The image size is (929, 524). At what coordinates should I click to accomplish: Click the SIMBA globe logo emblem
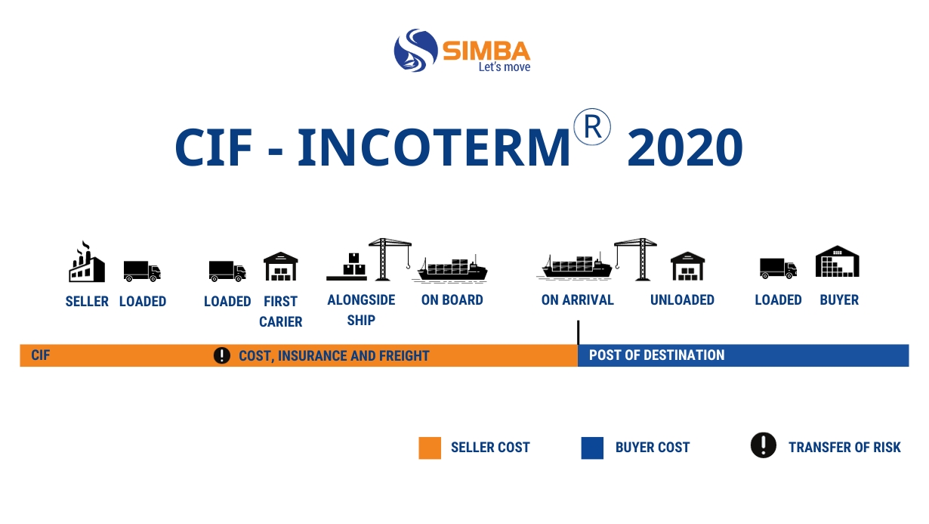click(415, 50)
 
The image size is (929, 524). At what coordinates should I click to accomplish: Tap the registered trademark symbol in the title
click(592, 126)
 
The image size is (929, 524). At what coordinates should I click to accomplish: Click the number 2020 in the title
click(685, 147)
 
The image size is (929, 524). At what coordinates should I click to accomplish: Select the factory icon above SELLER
click(87, 261)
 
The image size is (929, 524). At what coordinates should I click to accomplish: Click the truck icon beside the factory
click(142, 271)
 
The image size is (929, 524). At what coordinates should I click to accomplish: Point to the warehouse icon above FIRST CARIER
click(281, 266)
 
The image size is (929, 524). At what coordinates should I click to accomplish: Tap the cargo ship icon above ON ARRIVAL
click(575, 266)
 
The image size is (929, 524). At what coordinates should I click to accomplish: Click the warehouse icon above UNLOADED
click(687, 266)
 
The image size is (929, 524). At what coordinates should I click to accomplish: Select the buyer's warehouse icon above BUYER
click(838, 261)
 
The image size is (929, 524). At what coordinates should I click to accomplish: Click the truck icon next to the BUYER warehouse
click(778, 268)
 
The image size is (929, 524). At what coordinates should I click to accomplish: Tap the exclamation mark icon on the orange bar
click(222, 355)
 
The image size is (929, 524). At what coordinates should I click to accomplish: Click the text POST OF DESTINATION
click(657, 355)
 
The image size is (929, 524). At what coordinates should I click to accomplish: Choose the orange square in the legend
click(430, 448)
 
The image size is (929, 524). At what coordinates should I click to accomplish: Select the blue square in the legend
click(592, 448)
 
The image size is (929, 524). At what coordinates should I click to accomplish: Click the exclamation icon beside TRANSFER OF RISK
click(764, 445)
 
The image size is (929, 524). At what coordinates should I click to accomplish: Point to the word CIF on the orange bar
click(41, 355)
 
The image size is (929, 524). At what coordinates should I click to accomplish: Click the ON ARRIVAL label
click(577, 299)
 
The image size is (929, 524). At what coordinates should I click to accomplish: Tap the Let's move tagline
click(505, 67)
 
